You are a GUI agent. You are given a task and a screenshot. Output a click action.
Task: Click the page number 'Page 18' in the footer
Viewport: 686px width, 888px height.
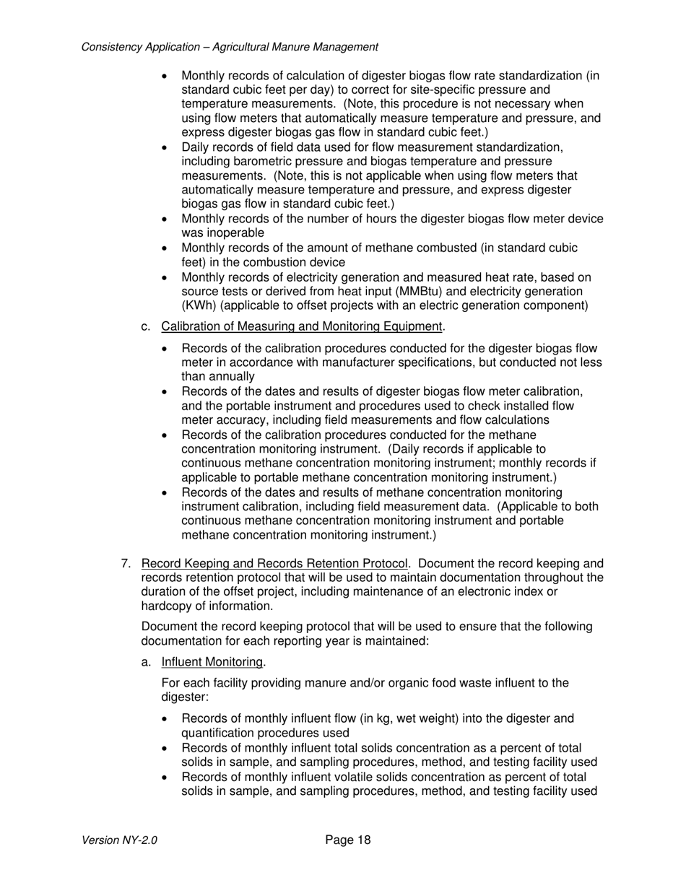[347, 840]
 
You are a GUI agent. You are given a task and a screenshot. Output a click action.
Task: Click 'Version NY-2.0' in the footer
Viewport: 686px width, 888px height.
[119, 840]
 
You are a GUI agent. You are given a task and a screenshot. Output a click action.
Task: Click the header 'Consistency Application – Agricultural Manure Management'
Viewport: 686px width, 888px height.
[230, 47]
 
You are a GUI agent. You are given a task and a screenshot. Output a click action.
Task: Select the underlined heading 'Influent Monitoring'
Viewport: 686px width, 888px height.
[212, 662]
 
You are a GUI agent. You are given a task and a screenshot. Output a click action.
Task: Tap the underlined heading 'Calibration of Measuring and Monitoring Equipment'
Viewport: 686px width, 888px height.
[300, 327]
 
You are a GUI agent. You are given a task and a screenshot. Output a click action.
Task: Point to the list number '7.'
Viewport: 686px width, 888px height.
[126, 564]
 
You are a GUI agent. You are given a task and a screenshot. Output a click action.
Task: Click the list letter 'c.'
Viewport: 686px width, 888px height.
[146, 327]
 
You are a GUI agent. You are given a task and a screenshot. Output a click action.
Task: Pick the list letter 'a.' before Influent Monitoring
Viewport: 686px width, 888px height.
[146, 662]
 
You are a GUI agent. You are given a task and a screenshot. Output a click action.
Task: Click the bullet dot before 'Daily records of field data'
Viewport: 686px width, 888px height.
[166, 148]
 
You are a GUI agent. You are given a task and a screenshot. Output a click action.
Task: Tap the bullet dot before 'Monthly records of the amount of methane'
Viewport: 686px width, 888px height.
[166, 248]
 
